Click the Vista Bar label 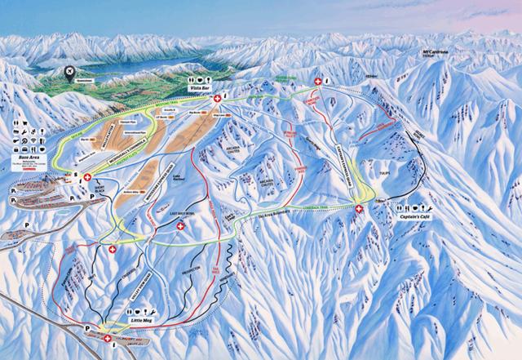[201, 87]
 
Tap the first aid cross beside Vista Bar [217, 99]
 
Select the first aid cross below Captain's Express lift [360, 210]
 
